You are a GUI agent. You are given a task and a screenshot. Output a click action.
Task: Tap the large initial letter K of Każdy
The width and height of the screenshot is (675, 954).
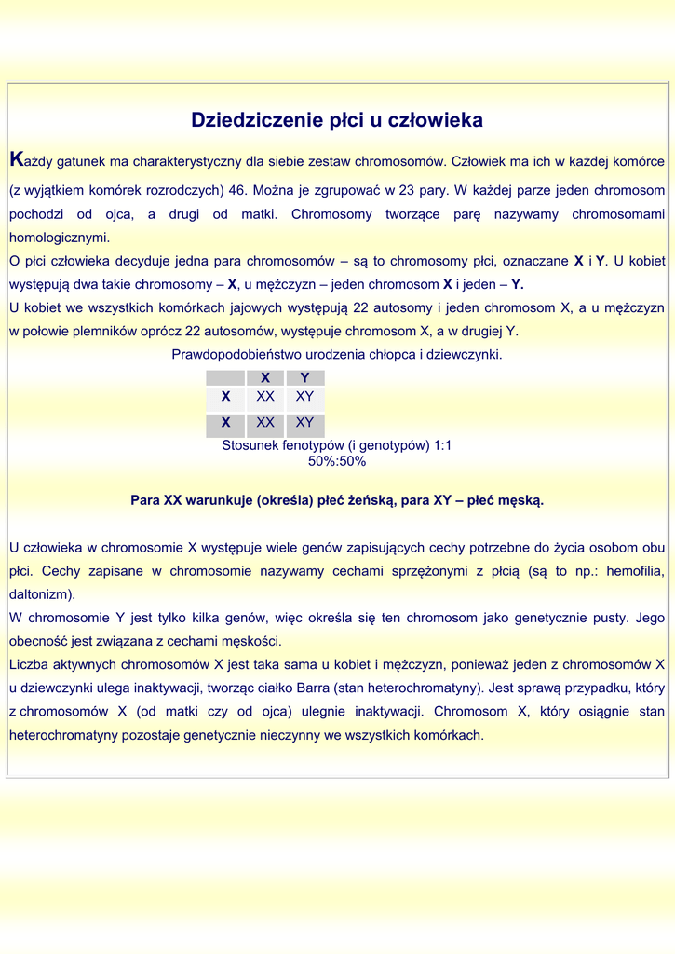click(x=16, y=160)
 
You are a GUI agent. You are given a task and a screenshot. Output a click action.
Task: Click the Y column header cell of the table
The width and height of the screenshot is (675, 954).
click(x=304, y=378)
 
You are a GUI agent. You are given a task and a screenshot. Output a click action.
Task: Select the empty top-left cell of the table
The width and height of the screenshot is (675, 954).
click(x=224, y=378)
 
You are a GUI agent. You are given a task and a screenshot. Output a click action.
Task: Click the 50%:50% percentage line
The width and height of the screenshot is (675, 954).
click(x=337, y=461)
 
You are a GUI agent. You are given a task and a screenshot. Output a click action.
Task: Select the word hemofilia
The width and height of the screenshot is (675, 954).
click(x=635, y=571)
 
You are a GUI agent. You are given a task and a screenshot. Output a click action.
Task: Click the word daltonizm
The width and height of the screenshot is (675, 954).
click(x=40, y=594)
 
